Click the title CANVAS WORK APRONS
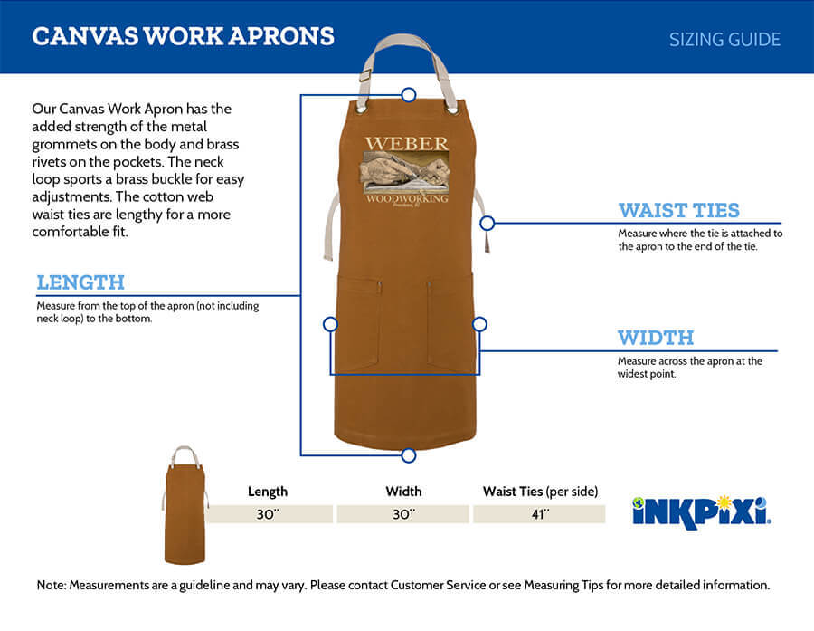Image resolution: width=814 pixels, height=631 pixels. click(184, 36)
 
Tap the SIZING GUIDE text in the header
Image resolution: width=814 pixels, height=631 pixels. click(724, 40)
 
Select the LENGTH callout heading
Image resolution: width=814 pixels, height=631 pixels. click(80, 282)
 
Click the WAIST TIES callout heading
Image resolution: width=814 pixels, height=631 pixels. click(679, 210)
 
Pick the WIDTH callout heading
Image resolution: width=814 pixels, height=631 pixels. click(656, 338)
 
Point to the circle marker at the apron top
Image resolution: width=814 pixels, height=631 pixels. click(409, 94)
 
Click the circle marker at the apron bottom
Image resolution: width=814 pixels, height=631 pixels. click(409, 455)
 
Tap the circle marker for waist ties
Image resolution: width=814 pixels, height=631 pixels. click(487, 223)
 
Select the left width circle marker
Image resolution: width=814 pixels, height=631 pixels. click(330, 324)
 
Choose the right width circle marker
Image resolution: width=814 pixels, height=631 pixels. click(479, 324)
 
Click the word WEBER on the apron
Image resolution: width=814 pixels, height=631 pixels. click(406, 143)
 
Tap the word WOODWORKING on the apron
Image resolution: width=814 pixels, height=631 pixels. click(407, 198)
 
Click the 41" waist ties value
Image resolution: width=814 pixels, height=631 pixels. click(540, 514)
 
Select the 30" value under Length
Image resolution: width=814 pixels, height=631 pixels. click(268, 514)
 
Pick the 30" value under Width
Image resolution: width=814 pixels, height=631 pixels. click(403, 514)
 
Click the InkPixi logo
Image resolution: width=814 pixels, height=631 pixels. click(702, 512)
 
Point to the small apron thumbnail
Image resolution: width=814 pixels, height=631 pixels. click(185, 505)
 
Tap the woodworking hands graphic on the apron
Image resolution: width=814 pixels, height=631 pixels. click(406, 172)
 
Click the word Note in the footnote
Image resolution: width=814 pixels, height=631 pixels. click(51, 585)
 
